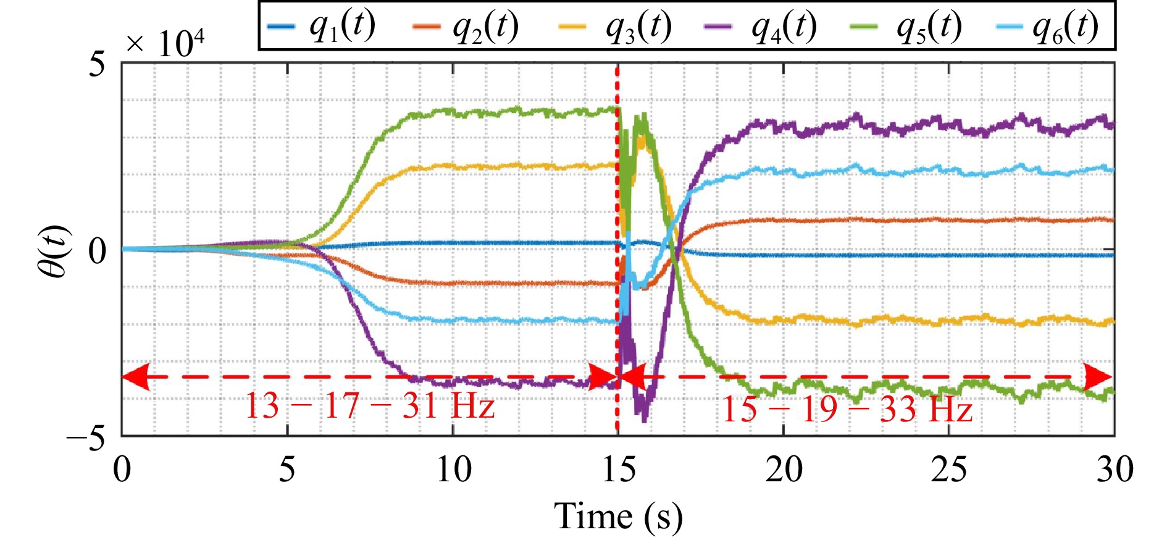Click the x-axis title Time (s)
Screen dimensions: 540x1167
tap(619, 516)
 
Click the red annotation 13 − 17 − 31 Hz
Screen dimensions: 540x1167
tap(370, 406)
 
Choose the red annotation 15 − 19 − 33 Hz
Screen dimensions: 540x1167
tap(847, 408)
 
